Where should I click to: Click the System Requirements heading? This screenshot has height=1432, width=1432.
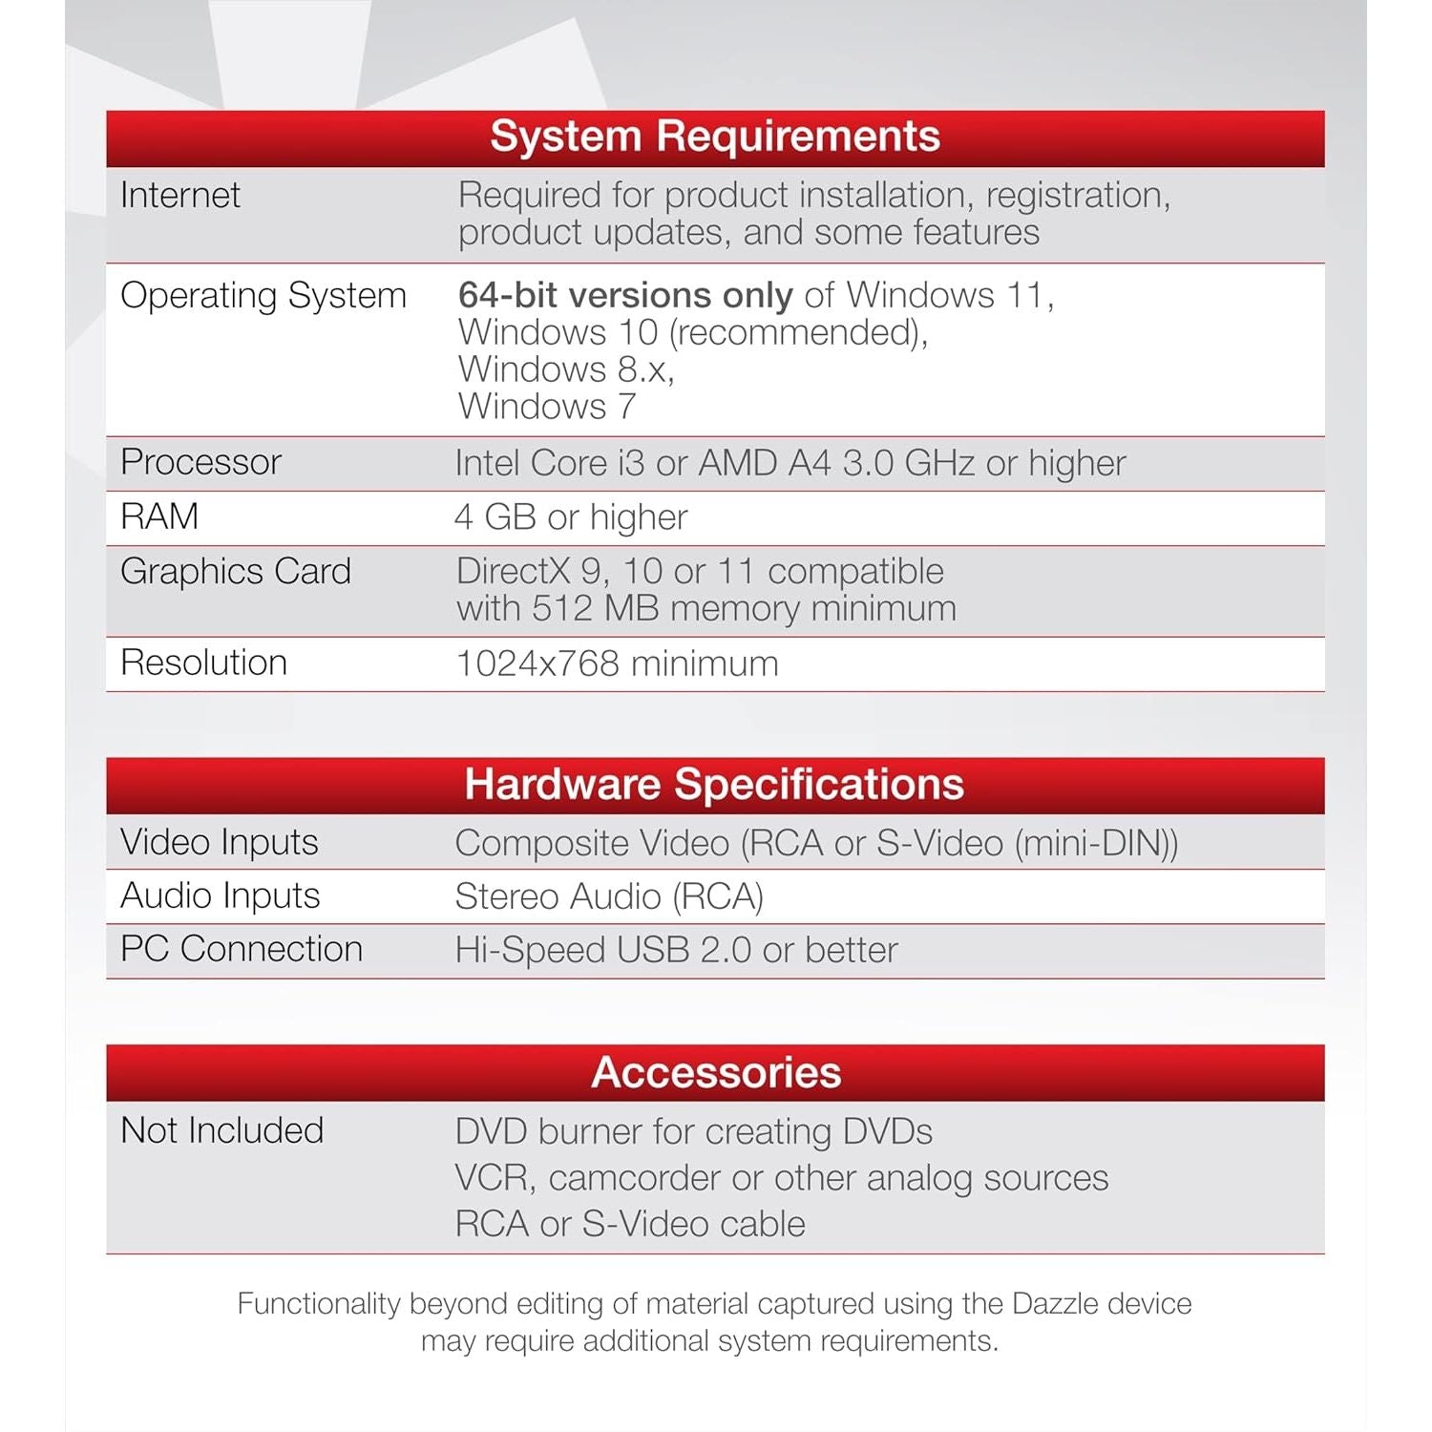click(x=715, y=137)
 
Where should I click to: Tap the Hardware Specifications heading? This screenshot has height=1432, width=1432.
click(x=714, y=785)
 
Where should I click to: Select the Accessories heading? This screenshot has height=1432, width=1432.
click(x=716, y=1073)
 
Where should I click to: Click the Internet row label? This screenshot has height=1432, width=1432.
click(x=180, y=196)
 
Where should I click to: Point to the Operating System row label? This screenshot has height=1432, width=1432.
click(x=263, y=296)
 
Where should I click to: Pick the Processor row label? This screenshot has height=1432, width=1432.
click(x=201, y=463)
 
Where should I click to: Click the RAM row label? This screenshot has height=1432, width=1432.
click(x=159, y=517)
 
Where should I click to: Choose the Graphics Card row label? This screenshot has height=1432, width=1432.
click(x=236, y=572)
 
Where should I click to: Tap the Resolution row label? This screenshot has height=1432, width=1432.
click(x=204, y=663)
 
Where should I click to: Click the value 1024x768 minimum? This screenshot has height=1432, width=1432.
click(x=618, y=664)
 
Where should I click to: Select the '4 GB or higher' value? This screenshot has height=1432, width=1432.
click(x=571, y=517)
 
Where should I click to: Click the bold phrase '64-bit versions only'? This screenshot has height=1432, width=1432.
click(x=625, y=296)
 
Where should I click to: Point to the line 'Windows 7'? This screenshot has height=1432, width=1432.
click(x=547, y=408)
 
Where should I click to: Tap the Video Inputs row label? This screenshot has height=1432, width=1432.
click(x=220, y=843)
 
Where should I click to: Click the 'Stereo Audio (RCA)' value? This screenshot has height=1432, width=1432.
click(x=609, y=897)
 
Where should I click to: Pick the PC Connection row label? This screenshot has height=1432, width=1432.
click(x=242, y=950)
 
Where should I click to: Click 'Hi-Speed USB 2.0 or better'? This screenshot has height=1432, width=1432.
click(x=677, y=951)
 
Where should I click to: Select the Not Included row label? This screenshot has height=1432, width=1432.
click(x=222, y=1131)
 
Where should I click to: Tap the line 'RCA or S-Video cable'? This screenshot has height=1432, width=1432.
click(x=630, y=1225)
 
